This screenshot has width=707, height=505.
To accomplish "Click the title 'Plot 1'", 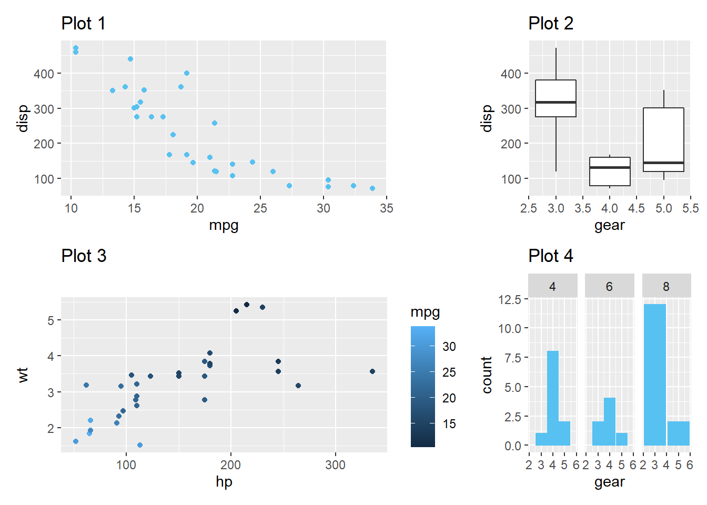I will coord(83,24).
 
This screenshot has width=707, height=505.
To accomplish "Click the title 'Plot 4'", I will coord(550,256).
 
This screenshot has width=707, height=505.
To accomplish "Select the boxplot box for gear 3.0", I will coord(555,98).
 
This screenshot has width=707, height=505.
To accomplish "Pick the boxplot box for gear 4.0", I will coord(610,171).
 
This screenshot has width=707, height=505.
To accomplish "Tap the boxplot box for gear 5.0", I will coord(663,139).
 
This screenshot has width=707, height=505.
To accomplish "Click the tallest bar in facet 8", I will coord(654,375).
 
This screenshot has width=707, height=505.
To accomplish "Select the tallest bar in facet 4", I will coord(552,398).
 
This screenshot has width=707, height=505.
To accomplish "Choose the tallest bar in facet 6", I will coord(609,421).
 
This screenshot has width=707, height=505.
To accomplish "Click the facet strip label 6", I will coord(609,287).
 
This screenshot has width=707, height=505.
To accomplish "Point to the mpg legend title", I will coord(425,312).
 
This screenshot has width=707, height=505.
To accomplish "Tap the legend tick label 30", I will coord(449,347).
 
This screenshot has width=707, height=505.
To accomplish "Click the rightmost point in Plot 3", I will coord(372,371).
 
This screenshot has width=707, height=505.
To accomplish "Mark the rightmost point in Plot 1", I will coord(372,188).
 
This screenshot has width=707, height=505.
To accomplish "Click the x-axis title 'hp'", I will coord(224,482).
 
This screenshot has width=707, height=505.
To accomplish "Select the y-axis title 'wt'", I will coord(23,375).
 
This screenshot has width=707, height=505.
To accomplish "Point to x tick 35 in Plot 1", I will coord(386,208).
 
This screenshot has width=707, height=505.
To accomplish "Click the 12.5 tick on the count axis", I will coord(509,300).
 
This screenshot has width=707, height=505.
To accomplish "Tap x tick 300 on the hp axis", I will coord(335,465).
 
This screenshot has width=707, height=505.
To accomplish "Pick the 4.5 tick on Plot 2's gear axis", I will coord(637,208).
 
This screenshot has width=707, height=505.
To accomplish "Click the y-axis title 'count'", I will coord(487,375).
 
